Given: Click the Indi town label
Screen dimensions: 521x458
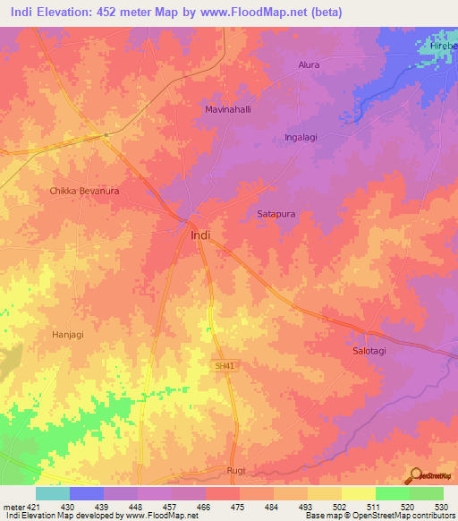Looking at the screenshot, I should (201, 235).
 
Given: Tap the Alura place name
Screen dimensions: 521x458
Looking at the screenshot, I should (309, 65).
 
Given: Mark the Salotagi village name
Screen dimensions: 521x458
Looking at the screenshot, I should (367, 352).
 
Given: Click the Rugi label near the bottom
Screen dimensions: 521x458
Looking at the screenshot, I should (235, 470).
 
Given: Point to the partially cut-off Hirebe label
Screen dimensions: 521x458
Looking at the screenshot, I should (442, 45).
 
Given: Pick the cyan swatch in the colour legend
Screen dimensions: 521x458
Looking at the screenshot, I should (53, 493).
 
